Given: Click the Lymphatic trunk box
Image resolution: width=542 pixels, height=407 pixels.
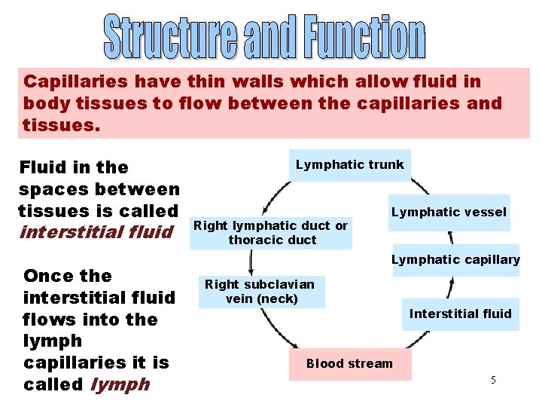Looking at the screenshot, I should pos(350,165).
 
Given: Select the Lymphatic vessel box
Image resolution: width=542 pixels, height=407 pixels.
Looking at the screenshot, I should pos(449,212).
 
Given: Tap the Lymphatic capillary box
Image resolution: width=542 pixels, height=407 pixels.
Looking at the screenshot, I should pos(455,260).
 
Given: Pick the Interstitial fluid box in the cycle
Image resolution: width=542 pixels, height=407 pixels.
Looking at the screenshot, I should pos(460,314).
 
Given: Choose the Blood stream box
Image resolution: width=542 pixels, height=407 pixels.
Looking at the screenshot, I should pos(349,363).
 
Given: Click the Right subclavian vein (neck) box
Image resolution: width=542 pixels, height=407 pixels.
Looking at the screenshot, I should pos(260,292).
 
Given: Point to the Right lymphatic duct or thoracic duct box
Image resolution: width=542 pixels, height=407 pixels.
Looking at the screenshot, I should pos(271,233).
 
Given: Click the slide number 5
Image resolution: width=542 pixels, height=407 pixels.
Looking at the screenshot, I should pos(493,380).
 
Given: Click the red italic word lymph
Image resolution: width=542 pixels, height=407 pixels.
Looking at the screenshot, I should pos(120,384).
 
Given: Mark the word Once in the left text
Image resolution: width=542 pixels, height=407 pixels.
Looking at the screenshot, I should pos(48,276).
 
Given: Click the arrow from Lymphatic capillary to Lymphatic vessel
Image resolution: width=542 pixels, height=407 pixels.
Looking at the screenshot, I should pos(449,238).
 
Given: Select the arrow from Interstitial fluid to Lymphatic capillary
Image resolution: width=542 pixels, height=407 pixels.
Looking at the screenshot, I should pos(450,287).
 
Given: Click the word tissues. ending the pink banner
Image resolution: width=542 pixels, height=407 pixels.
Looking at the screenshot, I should pos(61,124).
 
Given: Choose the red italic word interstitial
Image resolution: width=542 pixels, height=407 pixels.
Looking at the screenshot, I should pos(65,231).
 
